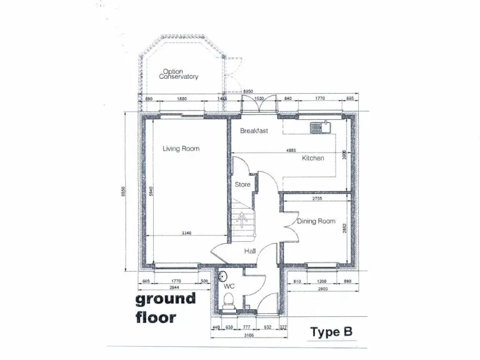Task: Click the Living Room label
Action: coord(181,149)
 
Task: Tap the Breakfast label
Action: coord(254,131)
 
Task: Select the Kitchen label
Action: coord(313,158)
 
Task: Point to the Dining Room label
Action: coord(316,221)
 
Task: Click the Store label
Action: coord(242,185)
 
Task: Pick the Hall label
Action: coord(250,251)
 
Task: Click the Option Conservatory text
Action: coord(179,74)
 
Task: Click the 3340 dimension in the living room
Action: coord(186,233)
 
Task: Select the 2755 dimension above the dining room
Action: coord(318,198)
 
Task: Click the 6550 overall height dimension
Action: coord(124,192)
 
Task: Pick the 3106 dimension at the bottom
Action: coord(249,336)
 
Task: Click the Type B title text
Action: coord(331,332)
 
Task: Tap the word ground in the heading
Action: coord(166,299)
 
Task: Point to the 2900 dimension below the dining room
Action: coord(323,289)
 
